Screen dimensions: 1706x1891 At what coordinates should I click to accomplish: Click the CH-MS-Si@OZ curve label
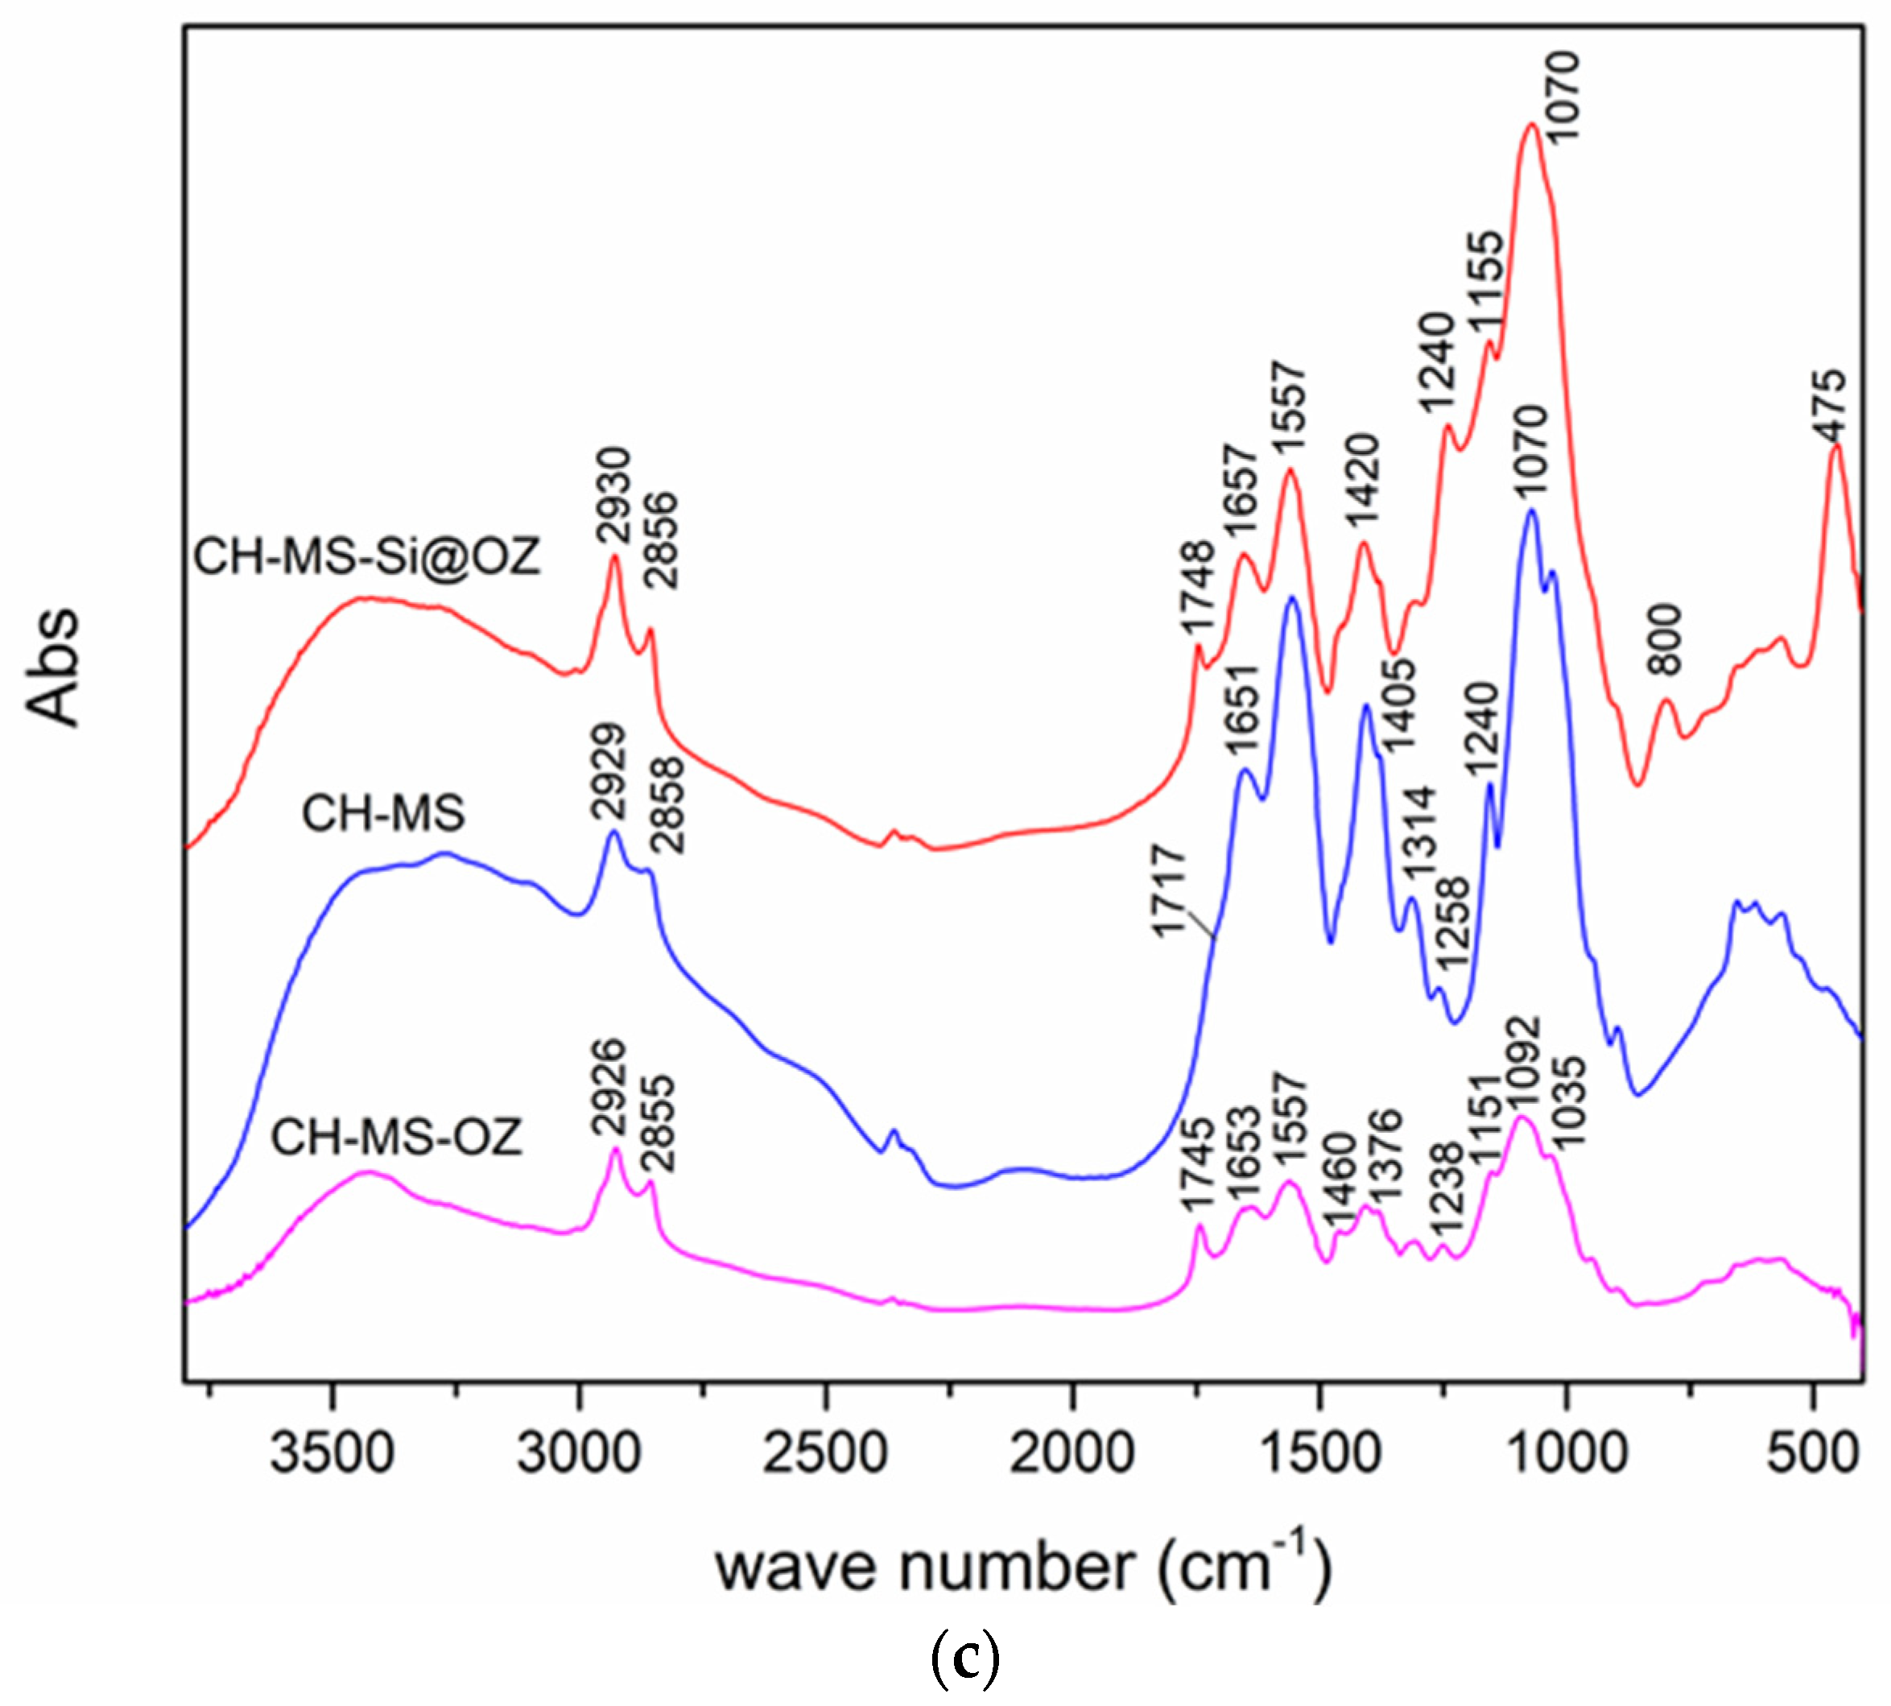coord(367,557)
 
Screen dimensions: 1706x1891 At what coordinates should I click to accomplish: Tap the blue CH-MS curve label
coord(383,812)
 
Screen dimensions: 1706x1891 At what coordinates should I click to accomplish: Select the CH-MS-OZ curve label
coord(395,1138)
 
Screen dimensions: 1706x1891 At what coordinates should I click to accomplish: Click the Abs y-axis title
coord(53,667)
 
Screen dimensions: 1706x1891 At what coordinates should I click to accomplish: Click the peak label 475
coord(1829,405)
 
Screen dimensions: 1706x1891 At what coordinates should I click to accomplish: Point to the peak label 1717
coord(1171,890)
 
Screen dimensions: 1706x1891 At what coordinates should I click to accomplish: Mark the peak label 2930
coord(616,497)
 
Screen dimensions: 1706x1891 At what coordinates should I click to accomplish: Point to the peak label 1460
coord(1338,1179)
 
